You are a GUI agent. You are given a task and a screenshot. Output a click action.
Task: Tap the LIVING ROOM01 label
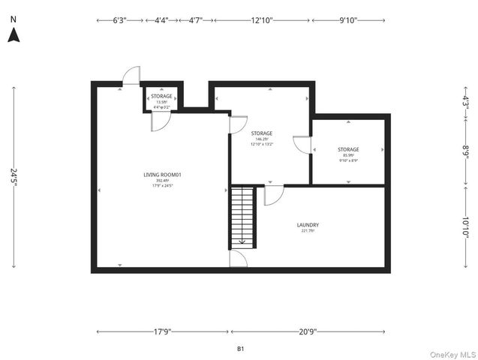pyautogui.click(x=163, y=175)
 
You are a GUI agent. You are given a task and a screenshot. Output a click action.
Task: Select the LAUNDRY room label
pyautogui.click(x=308, y=225)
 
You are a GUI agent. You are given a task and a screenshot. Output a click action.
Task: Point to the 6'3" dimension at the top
pyautogui.click(x=119, y=20)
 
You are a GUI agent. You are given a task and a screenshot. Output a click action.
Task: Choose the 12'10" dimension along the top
pyautogui.click(x=261, y=20)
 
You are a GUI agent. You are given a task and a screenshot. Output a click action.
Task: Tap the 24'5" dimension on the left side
pyautogui.click(x=14, y=175)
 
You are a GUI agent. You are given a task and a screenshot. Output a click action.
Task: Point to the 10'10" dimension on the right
pyautogui.click(x=465, y=226)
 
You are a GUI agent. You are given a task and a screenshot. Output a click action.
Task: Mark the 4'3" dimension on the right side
pyautogui.click(x=465, y=100)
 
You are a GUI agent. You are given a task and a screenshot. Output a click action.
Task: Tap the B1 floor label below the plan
pyautogui.click(x=240, y=349)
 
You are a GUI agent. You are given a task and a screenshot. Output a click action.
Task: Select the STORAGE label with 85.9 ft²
pyautogui.click(x=347, y=150)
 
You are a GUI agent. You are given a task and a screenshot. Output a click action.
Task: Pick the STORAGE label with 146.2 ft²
pyautogui.click(x=261, y=134)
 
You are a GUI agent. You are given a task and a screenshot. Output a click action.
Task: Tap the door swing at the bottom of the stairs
pyautogui.click(x=239, y=259)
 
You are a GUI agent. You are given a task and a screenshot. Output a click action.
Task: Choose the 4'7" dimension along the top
pyautogui.click(x=195, y=20)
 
